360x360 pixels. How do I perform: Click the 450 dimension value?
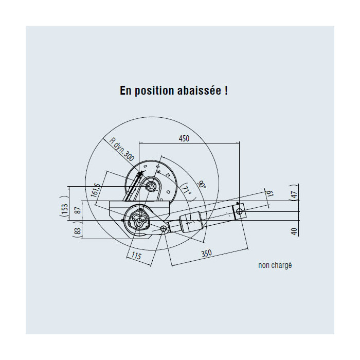click(x=184, y=138)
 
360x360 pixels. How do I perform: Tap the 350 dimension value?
click(x=206, y=254)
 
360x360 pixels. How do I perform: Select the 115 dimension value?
click(x=136, y=256)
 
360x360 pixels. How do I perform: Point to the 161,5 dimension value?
click(x=96, y=190)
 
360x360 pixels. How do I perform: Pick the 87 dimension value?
click(x=78, y=210)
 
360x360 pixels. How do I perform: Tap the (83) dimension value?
click(x=78, y=230)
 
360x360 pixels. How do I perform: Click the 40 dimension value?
click(x=294, y=231)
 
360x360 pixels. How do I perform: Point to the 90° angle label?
click(x=202, y=184)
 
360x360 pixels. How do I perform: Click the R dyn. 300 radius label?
click(x=121, y=149)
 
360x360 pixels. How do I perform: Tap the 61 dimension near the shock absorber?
click(x=270, y=193)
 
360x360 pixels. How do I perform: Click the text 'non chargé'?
click(x=275, y=265)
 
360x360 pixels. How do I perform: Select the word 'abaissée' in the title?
click(x=199, y=90)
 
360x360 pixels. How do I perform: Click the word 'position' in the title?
click(x=154, y=91)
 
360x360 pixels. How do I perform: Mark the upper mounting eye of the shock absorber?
click(x=239, y=211)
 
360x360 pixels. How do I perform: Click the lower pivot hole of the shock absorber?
click(x=164, y=228)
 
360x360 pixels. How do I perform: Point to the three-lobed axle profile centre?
click(x=139, y=220)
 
